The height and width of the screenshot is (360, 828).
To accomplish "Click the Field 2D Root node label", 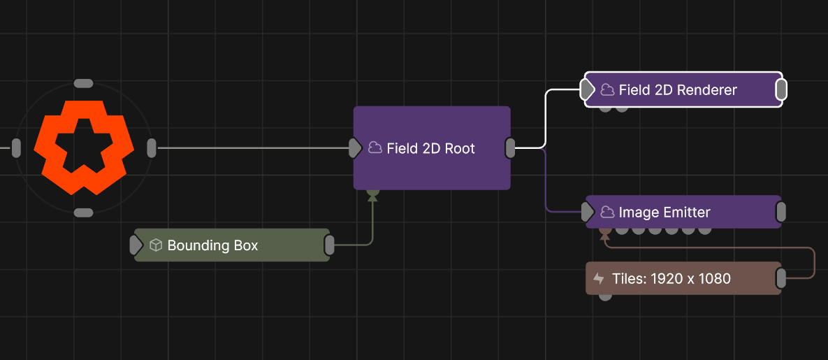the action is (431, 149).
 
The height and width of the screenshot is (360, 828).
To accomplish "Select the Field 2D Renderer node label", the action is (678, 90).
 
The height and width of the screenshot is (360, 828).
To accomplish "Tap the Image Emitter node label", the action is (664, 213).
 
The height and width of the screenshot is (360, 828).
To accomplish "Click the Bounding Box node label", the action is (212, 245).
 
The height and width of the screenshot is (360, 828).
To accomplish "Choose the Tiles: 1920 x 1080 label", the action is (671, 279).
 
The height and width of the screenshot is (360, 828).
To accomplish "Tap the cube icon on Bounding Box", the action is (156, 245).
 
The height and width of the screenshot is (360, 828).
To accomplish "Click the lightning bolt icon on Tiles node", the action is (599, 279).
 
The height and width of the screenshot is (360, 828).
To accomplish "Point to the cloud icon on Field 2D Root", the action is (375, 148).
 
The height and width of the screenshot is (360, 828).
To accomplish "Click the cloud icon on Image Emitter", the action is (608, 212).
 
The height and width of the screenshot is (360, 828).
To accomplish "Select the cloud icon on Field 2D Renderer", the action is (608, 90).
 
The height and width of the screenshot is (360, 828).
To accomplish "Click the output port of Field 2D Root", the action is (510, 148).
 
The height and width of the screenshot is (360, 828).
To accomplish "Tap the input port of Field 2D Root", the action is (356, 148).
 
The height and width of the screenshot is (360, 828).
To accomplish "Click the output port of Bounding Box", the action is (329, 245).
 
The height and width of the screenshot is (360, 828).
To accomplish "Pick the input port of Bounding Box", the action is (136, 245).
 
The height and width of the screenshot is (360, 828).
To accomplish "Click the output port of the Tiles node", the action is (780, 279).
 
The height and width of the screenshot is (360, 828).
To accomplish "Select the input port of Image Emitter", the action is (588, 213).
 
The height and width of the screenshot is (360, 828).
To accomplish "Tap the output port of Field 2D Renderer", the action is (781, 90).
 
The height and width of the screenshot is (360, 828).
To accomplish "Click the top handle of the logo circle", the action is (83, 83).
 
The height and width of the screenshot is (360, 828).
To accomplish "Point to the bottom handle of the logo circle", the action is (83, 213).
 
